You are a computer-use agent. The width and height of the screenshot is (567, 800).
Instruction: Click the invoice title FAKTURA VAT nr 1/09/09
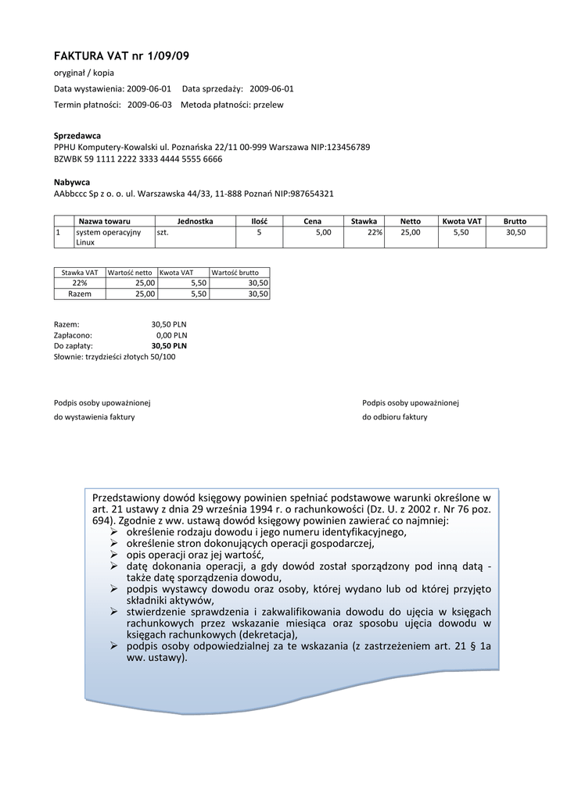pyautogui.click(x=121, y=56)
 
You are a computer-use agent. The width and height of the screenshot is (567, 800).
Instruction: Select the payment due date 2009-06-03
pyautogui.click(x=149, y=104)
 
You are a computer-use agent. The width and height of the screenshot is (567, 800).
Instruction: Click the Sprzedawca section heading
pyautogui.click(x=77, y=135)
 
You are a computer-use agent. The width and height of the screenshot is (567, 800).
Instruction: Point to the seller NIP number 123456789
pyautogui.click(x=348, y=147)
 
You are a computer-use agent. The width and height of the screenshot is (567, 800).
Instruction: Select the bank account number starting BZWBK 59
pyautogui.click(x=138, y=159)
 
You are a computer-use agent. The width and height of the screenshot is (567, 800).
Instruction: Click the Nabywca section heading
pyautogui.click(x=72, y=182)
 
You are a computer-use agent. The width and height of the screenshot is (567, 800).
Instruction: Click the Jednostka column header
pyautogui.click(x=196, y=221)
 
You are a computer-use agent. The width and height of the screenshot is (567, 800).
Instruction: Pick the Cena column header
pyautogui.click(x=313, y=221)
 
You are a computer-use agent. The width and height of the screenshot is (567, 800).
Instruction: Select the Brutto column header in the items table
pyautogui.click(x=515, y=221)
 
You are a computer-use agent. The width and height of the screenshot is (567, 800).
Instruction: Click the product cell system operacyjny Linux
pyautogui.click(x=108, y=237)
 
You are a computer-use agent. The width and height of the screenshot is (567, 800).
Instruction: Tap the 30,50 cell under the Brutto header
pyautogui.click(x=515, y=232)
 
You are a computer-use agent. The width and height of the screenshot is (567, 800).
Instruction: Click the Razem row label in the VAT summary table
pyautogui.click(x=80, y=294)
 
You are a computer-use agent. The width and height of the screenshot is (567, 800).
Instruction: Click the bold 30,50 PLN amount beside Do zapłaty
pyautogui.click(x=169, y=345)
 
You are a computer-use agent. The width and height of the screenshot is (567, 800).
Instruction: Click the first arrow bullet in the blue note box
pyautogui.click(x=114, y=532)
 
